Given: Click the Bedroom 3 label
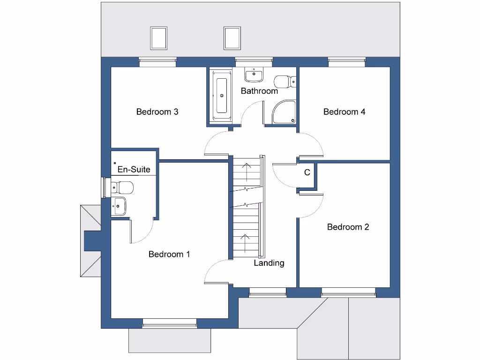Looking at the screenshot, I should click(x=157, y=112).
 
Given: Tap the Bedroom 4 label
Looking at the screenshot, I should click(x=344, y=112).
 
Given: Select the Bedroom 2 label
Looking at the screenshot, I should click(x=348, y=227).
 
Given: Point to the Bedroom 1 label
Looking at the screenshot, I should click(x=169, y=254).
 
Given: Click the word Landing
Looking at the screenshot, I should click(x=269, y=263).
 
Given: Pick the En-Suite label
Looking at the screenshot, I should click(x=134, y=169).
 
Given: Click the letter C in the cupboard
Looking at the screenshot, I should click(x=307, y=172).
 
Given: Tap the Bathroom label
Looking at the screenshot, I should click(x=259, y=91).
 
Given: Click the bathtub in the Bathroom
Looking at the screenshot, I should click(x=221, y=96).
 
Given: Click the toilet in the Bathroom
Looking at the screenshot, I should click(x=285, y=82).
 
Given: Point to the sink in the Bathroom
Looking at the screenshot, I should click(x=254, y=75).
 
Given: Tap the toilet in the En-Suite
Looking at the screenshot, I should click(x=123, y=188).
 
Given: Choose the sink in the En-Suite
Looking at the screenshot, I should click(x=120, y=205).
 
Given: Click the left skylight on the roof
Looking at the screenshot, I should click(x=159, y=38).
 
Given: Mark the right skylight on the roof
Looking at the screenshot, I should click(x=232, y=38).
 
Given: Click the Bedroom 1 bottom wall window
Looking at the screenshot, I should click(x=170, y=323).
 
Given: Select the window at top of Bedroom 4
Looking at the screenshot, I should click(x=346, y=60).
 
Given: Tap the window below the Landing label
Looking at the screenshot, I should click(x=267, y=294).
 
